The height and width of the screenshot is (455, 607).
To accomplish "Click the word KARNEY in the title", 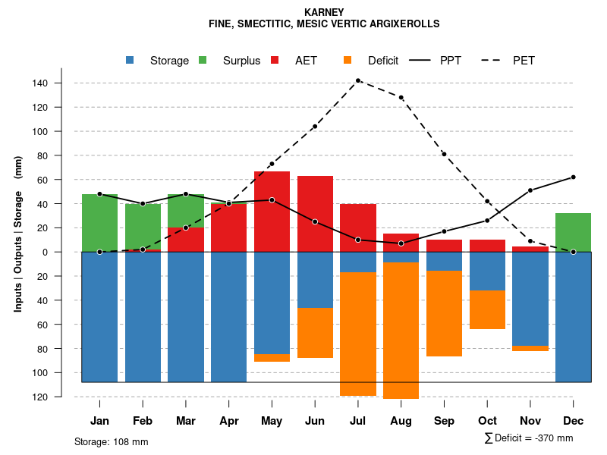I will click(324, 12).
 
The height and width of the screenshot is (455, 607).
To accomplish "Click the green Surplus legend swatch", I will click(203, 61).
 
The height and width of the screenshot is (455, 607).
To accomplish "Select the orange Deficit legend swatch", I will click(348, 61).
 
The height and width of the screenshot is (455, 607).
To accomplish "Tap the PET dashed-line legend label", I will click(524, 61).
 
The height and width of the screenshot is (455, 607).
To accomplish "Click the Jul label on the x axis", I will click(358, 421).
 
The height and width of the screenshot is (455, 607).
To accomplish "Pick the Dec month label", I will click(574, 421).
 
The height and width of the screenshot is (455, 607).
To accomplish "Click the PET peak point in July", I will click(358, 80).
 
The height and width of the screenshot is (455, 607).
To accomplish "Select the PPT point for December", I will click(574, 177).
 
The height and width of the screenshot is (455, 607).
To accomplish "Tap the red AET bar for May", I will click(272, 212).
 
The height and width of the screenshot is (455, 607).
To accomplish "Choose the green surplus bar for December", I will click(574, 232).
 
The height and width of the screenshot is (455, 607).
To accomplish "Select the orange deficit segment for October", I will click(487, 309).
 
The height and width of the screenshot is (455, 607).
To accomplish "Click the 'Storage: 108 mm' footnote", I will click(112, 441).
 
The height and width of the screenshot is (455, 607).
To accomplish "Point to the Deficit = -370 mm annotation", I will click(529, 438).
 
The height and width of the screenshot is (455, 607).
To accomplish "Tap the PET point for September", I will click(444, 154).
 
